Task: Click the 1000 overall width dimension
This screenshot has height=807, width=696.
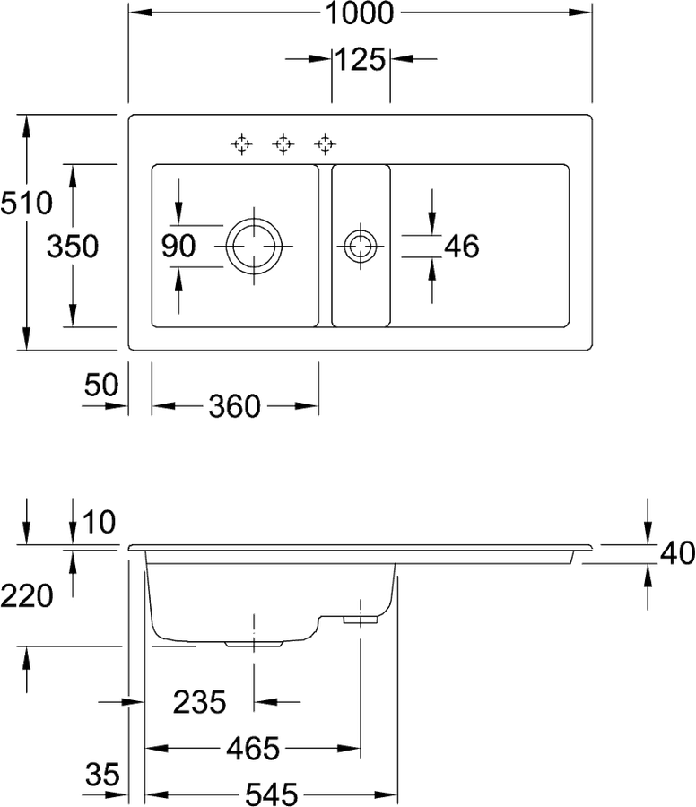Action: [x=360, y=13]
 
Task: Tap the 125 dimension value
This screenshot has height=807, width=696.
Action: [x=361, y=59]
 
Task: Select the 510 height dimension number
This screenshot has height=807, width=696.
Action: [x=26, y=203]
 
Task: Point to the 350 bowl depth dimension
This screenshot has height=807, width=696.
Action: [x=73, y=246]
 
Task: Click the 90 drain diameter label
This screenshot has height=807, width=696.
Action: [x=178, y=246]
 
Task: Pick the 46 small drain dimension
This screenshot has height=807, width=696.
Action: [x=462, y=246]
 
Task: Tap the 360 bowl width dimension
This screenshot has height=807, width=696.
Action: [x=235, y=406]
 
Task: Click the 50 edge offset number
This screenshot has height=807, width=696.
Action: [x=101, y=385]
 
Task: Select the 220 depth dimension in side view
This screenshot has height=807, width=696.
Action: [x=27, y=596]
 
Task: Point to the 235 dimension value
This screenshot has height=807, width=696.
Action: [x=200, y=702]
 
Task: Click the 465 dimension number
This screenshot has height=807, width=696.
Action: [x=253, y=749]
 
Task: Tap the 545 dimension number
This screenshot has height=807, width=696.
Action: [x=272, y=794]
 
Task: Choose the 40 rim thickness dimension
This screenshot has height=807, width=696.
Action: [x=678, y=553]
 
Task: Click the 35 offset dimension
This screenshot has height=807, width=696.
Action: [x=102, y=775]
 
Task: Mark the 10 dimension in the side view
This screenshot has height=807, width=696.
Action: [x=99, y=523]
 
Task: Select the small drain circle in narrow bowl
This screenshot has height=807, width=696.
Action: [x=361, y=230]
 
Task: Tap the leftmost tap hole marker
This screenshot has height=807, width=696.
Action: [x=241, y=144]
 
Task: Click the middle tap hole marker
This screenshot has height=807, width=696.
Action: [x=283, y=144]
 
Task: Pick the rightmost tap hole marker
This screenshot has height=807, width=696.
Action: [x=326, y=144]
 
